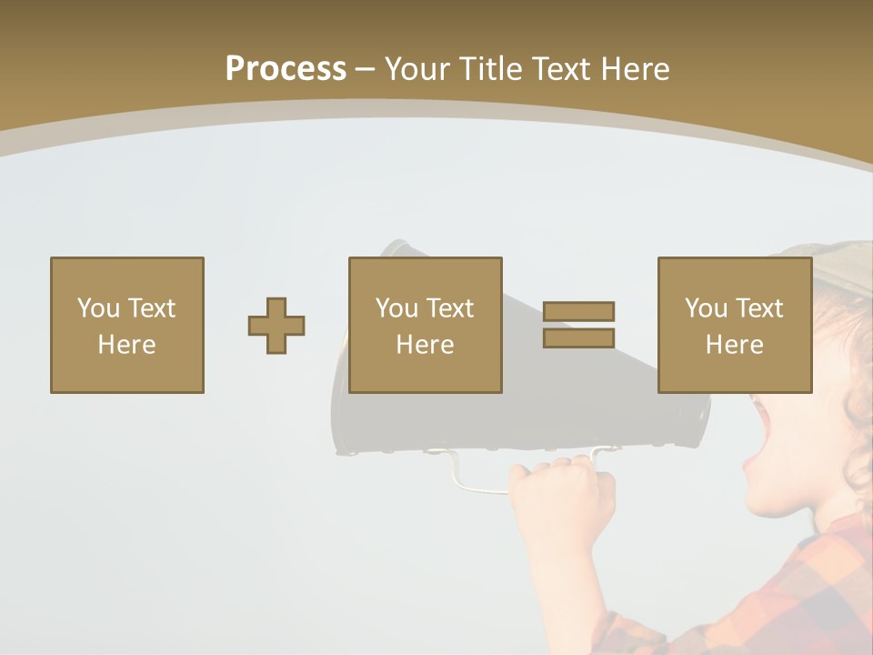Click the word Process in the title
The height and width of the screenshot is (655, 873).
click(286, 69)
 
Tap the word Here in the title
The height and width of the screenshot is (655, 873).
click(636, 69)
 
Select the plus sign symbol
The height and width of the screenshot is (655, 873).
click(276, 326)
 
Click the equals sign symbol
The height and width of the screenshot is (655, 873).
click(578, 325)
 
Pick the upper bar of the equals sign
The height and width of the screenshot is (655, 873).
click(578, 311)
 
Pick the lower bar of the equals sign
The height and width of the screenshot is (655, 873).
click(578, 338)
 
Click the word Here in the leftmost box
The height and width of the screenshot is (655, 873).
click(126, 345)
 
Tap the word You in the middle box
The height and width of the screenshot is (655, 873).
click(396, 308)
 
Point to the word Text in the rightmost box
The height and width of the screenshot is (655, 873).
click(759, 308)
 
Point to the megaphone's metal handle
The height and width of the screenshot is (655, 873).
click(464, 478)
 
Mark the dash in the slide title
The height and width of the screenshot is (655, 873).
click(366, 69)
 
